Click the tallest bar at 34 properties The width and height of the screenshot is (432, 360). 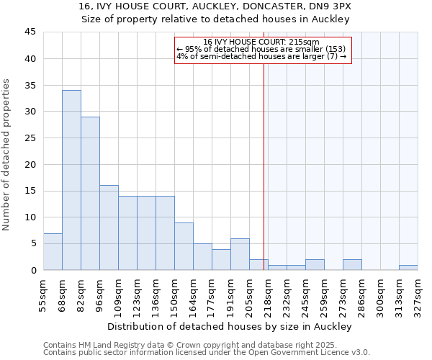tap(71, 180)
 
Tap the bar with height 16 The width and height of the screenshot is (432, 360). tap(109, 228)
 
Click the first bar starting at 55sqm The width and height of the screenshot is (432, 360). tap(53, 252)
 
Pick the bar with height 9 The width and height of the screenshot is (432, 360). tap(184, 246)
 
